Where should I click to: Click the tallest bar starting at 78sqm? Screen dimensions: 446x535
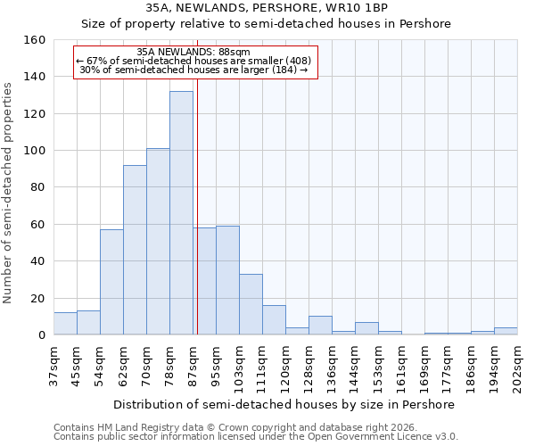pos(181,213)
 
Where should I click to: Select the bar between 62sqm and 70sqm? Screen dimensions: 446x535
pos(135,250)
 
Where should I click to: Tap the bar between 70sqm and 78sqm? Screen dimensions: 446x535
pos(158,242)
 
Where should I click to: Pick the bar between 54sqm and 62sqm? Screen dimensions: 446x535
pos(111,282)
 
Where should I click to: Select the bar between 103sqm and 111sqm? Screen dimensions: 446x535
pos(251,304)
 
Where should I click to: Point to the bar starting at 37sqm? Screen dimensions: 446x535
pos(65,324)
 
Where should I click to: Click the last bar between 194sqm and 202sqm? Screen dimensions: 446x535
pos(506,331)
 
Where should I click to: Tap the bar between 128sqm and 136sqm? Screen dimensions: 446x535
pos(320,326)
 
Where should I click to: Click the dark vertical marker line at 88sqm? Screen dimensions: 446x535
pos(197,205)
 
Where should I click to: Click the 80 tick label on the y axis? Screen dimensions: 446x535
pos(37,188)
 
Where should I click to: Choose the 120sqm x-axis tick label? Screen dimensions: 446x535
pos(285,365)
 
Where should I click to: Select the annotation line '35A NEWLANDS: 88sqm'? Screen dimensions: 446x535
pos(194,53)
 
